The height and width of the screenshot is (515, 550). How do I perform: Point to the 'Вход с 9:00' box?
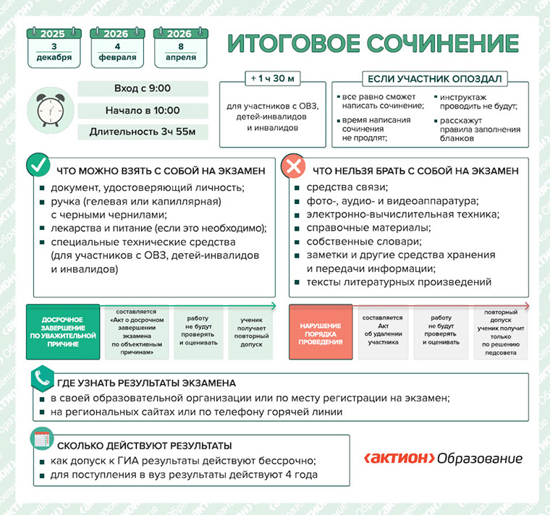(142, 88)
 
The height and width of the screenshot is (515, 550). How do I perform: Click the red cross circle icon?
(292, 166)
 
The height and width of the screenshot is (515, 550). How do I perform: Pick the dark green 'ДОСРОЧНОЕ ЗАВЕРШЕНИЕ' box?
(62, 331)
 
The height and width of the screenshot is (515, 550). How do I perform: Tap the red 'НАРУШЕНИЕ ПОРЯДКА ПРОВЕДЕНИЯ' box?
(321, 331)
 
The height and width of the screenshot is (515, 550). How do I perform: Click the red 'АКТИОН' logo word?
(399, 459)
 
